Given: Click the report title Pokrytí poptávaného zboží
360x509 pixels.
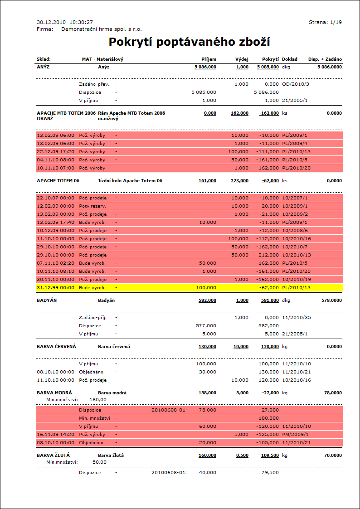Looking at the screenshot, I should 190,43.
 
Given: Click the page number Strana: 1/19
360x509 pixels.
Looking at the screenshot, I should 325,22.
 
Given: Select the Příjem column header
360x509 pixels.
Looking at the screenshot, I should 209,59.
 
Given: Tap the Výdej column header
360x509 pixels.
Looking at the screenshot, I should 242,59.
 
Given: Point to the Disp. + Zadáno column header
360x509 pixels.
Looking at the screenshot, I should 325,59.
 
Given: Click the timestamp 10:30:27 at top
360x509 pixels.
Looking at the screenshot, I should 81,22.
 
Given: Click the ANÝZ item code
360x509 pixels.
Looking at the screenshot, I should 44,67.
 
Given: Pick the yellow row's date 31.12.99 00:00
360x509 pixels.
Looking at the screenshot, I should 55,287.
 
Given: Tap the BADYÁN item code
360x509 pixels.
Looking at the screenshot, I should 46,300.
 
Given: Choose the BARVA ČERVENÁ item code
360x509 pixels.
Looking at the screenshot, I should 56,346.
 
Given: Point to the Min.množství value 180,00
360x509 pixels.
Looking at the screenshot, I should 97,399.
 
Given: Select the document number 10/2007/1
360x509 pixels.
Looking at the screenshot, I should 294,198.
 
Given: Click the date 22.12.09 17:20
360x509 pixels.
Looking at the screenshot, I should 55,151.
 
